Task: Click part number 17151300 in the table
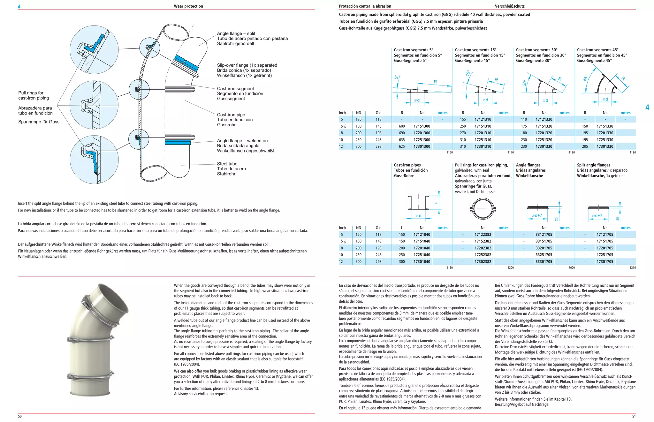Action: (x=422, y=126)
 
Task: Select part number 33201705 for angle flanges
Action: (x=544, y=248)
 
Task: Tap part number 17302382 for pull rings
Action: (x=483, y=262)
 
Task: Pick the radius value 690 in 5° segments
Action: (x=402, y=133)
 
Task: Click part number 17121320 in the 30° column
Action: (x=544, y=120)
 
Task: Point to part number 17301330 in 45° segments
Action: (x=605, y=146)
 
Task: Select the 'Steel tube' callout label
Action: (x=227, y=164)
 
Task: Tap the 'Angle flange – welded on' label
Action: (x=242, y=141)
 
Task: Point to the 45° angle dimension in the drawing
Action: (x=585, y=78)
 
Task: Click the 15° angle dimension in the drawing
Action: (x=468, y=73)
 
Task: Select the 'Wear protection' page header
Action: (x=188, y=6)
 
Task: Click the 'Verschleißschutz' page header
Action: (x=510, y=6)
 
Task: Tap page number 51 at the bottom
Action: (x=634, y=416)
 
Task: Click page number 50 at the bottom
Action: (x=20, y=416)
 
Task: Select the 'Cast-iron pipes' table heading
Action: (x=407, y=165)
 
